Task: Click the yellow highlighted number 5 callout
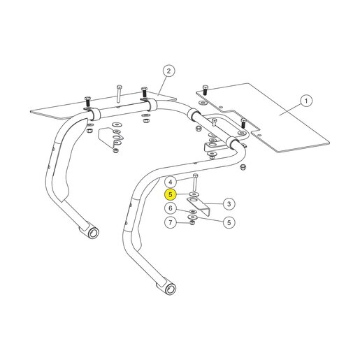(171, 194)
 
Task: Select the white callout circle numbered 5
(229, 222)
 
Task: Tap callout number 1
(306, 101)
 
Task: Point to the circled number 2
(168, 71)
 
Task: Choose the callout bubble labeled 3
(229, 204)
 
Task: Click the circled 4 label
(171, 182)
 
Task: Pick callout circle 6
(171, 208)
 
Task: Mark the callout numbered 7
(171, 222)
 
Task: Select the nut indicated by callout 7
(192, 223)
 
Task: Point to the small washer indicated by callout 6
(193, 211)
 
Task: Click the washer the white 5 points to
(192, 217)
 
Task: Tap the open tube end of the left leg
(93, 233)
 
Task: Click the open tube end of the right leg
(171, 289)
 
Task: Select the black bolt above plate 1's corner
(205, 90)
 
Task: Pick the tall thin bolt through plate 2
(119, 94)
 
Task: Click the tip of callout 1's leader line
(280, 115)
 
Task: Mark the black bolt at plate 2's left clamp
(87, 103)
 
